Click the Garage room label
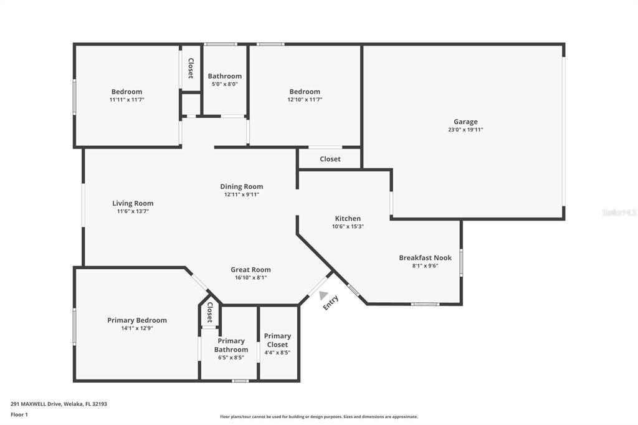(465, 122)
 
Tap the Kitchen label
(348, 219)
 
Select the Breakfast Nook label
(425, 258)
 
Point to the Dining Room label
(242, 187)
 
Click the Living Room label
(133, 204)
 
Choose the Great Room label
(250, 269)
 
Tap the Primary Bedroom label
(137, 320)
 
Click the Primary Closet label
(277, 340)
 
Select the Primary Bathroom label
(231, 345)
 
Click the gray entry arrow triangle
(323, 295)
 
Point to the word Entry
(331, 303)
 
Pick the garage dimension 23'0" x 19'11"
(465, 130)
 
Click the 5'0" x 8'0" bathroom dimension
(224, 84)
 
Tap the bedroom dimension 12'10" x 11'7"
(305, 99)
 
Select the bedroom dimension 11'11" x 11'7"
(127, 99)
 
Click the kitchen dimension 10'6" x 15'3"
(348, 227)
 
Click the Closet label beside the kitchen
(330, 159)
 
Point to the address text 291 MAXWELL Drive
(36, 404)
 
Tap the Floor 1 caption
(19, 415)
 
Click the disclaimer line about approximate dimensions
(319, 417)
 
